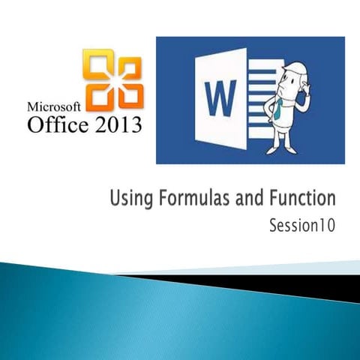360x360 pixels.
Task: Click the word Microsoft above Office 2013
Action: pyautogui.click(x=55, y=106)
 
